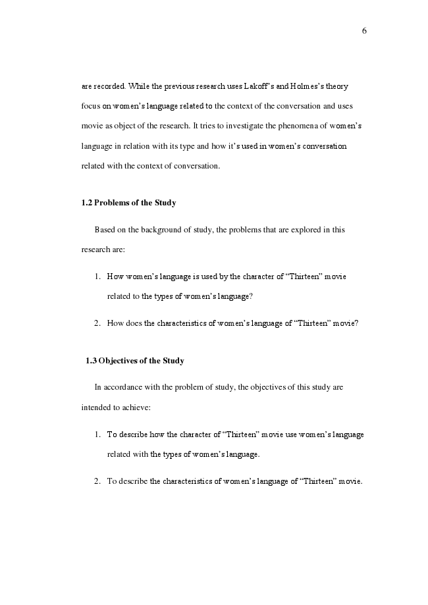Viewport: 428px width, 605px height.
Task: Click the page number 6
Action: pyautogui.click(x=364, y=30)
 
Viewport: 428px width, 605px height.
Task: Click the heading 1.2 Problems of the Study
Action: pyautogui.click(x=128, y=203)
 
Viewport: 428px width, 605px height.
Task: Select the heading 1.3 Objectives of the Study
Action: pyautogui.click(x=135, y=361)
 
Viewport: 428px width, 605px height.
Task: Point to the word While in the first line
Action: pyautogui.click(x=139, y=86)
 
